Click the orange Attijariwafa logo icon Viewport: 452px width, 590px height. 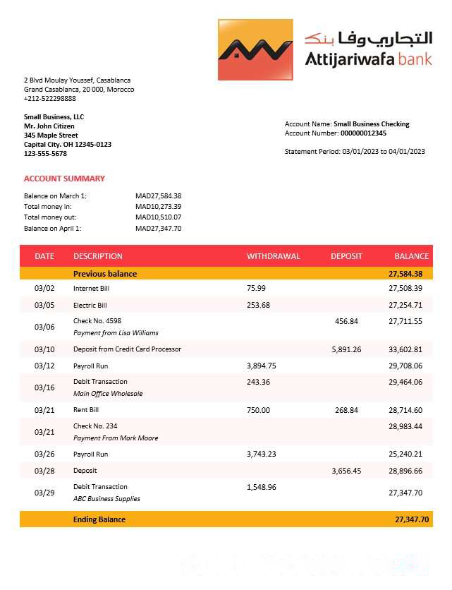click(255, 49)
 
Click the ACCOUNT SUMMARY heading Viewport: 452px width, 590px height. click(64, 179)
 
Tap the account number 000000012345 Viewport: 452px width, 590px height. click(363, 133)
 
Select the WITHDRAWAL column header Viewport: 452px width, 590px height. click(273, 256)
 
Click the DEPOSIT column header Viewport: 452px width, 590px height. click(346, 256)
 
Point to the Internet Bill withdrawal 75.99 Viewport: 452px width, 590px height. click(256, 288)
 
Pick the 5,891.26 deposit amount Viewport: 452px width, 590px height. click(346, 349)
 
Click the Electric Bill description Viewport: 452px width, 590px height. click(90, 305)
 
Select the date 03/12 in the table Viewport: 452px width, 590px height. click(44, 366)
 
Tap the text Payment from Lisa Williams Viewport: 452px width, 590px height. click(116, 333)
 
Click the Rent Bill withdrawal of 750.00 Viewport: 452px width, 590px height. click(258, 410)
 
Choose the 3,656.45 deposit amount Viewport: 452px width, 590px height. click(346, 471)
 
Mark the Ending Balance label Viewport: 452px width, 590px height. click(99, 519)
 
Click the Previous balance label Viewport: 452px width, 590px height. click(105, 274)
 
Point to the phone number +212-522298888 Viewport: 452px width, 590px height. click(50, 99)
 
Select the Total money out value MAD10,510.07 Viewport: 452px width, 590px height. click(158, 217)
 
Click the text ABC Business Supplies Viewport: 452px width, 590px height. click(106, 499)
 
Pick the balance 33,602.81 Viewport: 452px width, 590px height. click(405, 349)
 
